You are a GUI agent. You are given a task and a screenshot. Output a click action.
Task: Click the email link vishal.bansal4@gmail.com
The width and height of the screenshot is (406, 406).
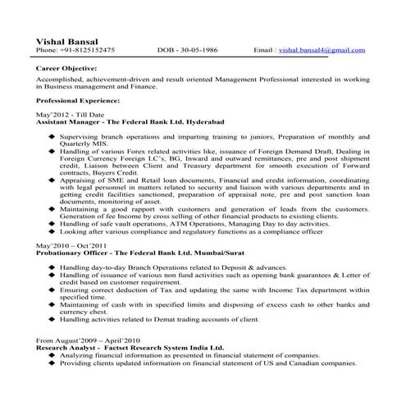point(322,50)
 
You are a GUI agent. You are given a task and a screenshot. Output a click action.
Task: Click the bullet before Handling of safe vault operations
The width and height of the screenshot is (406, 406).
point(52,223)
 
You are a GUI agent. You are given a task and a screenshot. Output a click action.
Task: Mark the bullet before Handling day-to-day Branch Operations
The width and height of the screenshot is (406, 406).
point(52,267)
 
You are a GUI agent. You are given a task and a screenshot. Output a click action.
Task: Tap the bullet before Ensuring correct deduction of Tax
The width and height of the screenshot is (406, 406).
point(52,290)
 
